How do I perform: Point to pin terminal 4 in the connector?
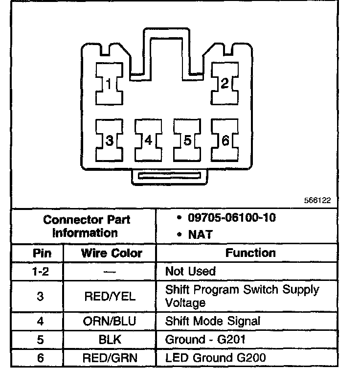[x=148, y=140]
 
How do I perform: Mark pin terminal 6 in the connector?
[x=225, y=140]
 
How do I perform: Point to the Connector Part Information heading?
[x=87, y=226]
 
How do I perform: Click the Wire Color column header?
[x=112, y=253]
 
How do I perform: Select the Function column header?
[x=250, y=253]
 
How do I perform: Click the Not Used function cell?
[x=190, y=271]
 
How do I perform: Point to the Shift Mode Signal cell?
[x=213, y=321]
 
